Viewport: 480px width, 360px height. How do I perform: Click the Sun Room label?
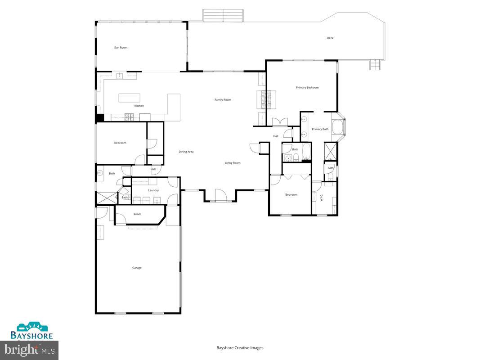[121, 47]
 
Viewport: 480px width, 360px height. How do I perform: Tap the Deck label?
[330, 38]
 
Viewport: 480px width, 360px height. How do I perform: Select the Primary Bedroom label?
[307, 87]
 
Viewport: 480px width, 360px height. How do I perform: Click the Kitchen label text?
[139, 106]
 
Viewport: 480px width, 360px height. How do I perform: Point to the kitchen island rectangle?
[129, 98]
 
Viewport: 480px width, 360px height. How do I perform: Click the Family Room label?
[223, 99]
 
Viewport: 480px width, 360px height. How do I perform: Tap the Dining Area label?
[186, 152]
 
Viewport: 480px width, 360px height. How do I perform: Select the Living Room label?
[233, 163]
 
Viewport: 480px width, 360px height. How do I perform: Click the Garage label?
[137, 268]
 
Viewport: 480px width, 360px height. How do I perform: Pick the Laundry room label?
[153, 190]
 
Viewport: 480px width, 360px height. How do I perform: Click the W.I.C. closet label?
[322, 197]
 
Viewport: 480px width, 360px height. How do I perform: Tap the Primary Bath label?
[320, 129]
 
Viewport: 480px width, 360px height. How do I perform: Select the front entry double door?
[220, 195]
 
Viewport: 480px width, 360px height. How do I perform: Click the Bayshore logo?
[32, 331]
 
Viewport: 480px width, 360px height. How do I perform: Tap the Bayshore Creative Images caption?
[240, 347]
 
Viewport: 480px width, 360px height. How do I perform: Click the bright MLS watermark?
[29, 349]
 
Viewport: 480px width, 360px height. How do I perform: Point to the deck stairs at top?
[223, 15]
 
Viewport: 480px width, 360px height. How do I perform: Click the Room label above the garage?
[137, 214]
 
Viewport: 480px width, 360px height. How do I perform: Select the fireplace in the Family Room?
[267, 99]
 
